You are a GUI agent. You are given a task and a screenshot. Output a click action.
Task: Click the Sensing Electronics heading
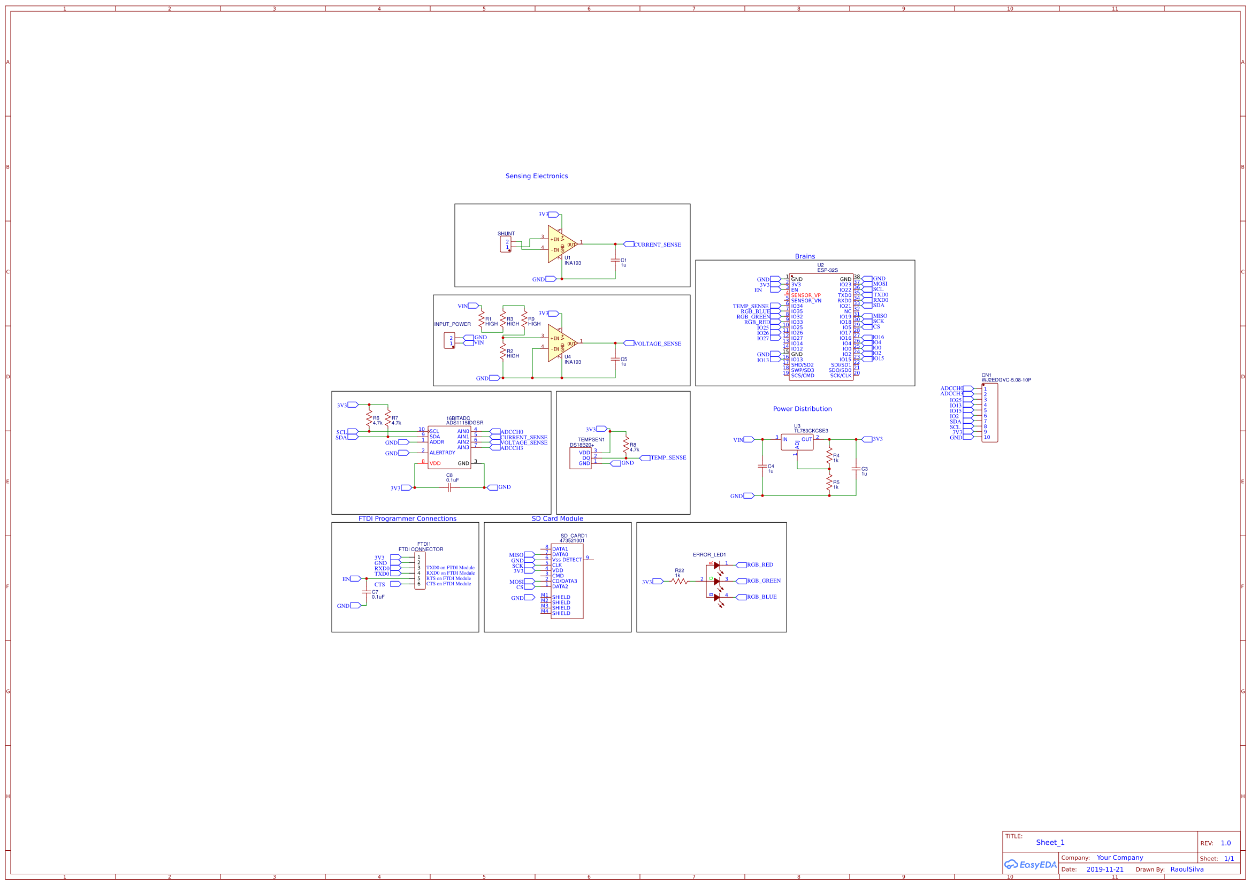[x=536, y=176]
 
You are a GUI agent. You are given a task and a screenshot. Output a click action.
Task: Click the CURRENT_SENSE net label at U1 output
[x=657, y=245]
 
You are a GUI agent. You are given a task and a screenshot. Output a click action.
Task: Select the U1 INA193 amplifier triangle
[x=561, y=245]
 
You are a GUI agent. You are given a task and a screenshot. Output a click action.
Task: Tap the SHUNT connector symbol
[x=506, y=244]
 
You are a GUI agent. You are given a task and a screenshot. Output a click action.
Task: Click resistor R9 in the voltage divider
[x=524, y=319]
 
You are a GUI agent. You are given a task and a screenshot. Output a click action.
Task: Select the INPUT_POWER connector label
[x=452, y=324]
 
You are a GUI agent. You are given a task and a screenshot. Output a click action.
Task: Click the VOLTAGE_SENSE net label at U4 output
[x=658, y=344]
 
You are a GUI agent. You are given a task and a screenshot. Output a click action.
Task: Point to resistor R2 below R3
[x=503, y=352]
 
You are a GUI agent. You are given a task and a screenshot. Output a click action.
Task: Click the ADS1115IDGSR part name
[x=464, y=423]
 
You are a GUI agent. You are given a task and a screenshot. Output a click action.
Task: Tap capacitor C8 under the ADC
[x=449, y=487]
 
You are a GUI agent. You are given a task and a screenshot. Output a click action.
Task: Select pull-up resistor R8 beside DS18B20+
[x=626, y=445]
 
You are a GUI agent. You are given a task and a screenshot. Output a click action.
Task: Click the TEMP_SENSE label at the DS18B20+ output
[x=668, y=458]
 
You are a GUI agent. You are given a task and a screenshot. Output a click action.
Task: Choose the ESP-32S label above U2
[x=827, y=270]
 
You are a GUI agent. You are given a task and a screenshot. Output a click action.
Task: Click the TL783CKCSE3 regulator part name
[x=811, y=431]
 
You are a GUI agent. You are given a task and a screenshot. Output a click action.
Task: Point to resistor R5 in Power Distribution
[x=829, y=482]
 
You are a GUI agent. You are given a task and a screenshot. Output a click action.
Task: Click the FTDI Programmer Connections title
[x=407, y=519]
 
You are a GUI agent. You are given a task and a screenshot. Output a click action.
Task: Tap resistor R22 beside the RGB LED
[x=679, y=582]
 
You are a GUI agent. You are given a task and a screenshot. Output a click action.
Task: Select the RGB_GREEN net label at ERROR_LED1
[x=764, y=581]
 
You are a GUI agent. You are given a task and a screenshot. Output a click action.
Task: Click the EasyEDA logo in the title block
[x=1031, y=865]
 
